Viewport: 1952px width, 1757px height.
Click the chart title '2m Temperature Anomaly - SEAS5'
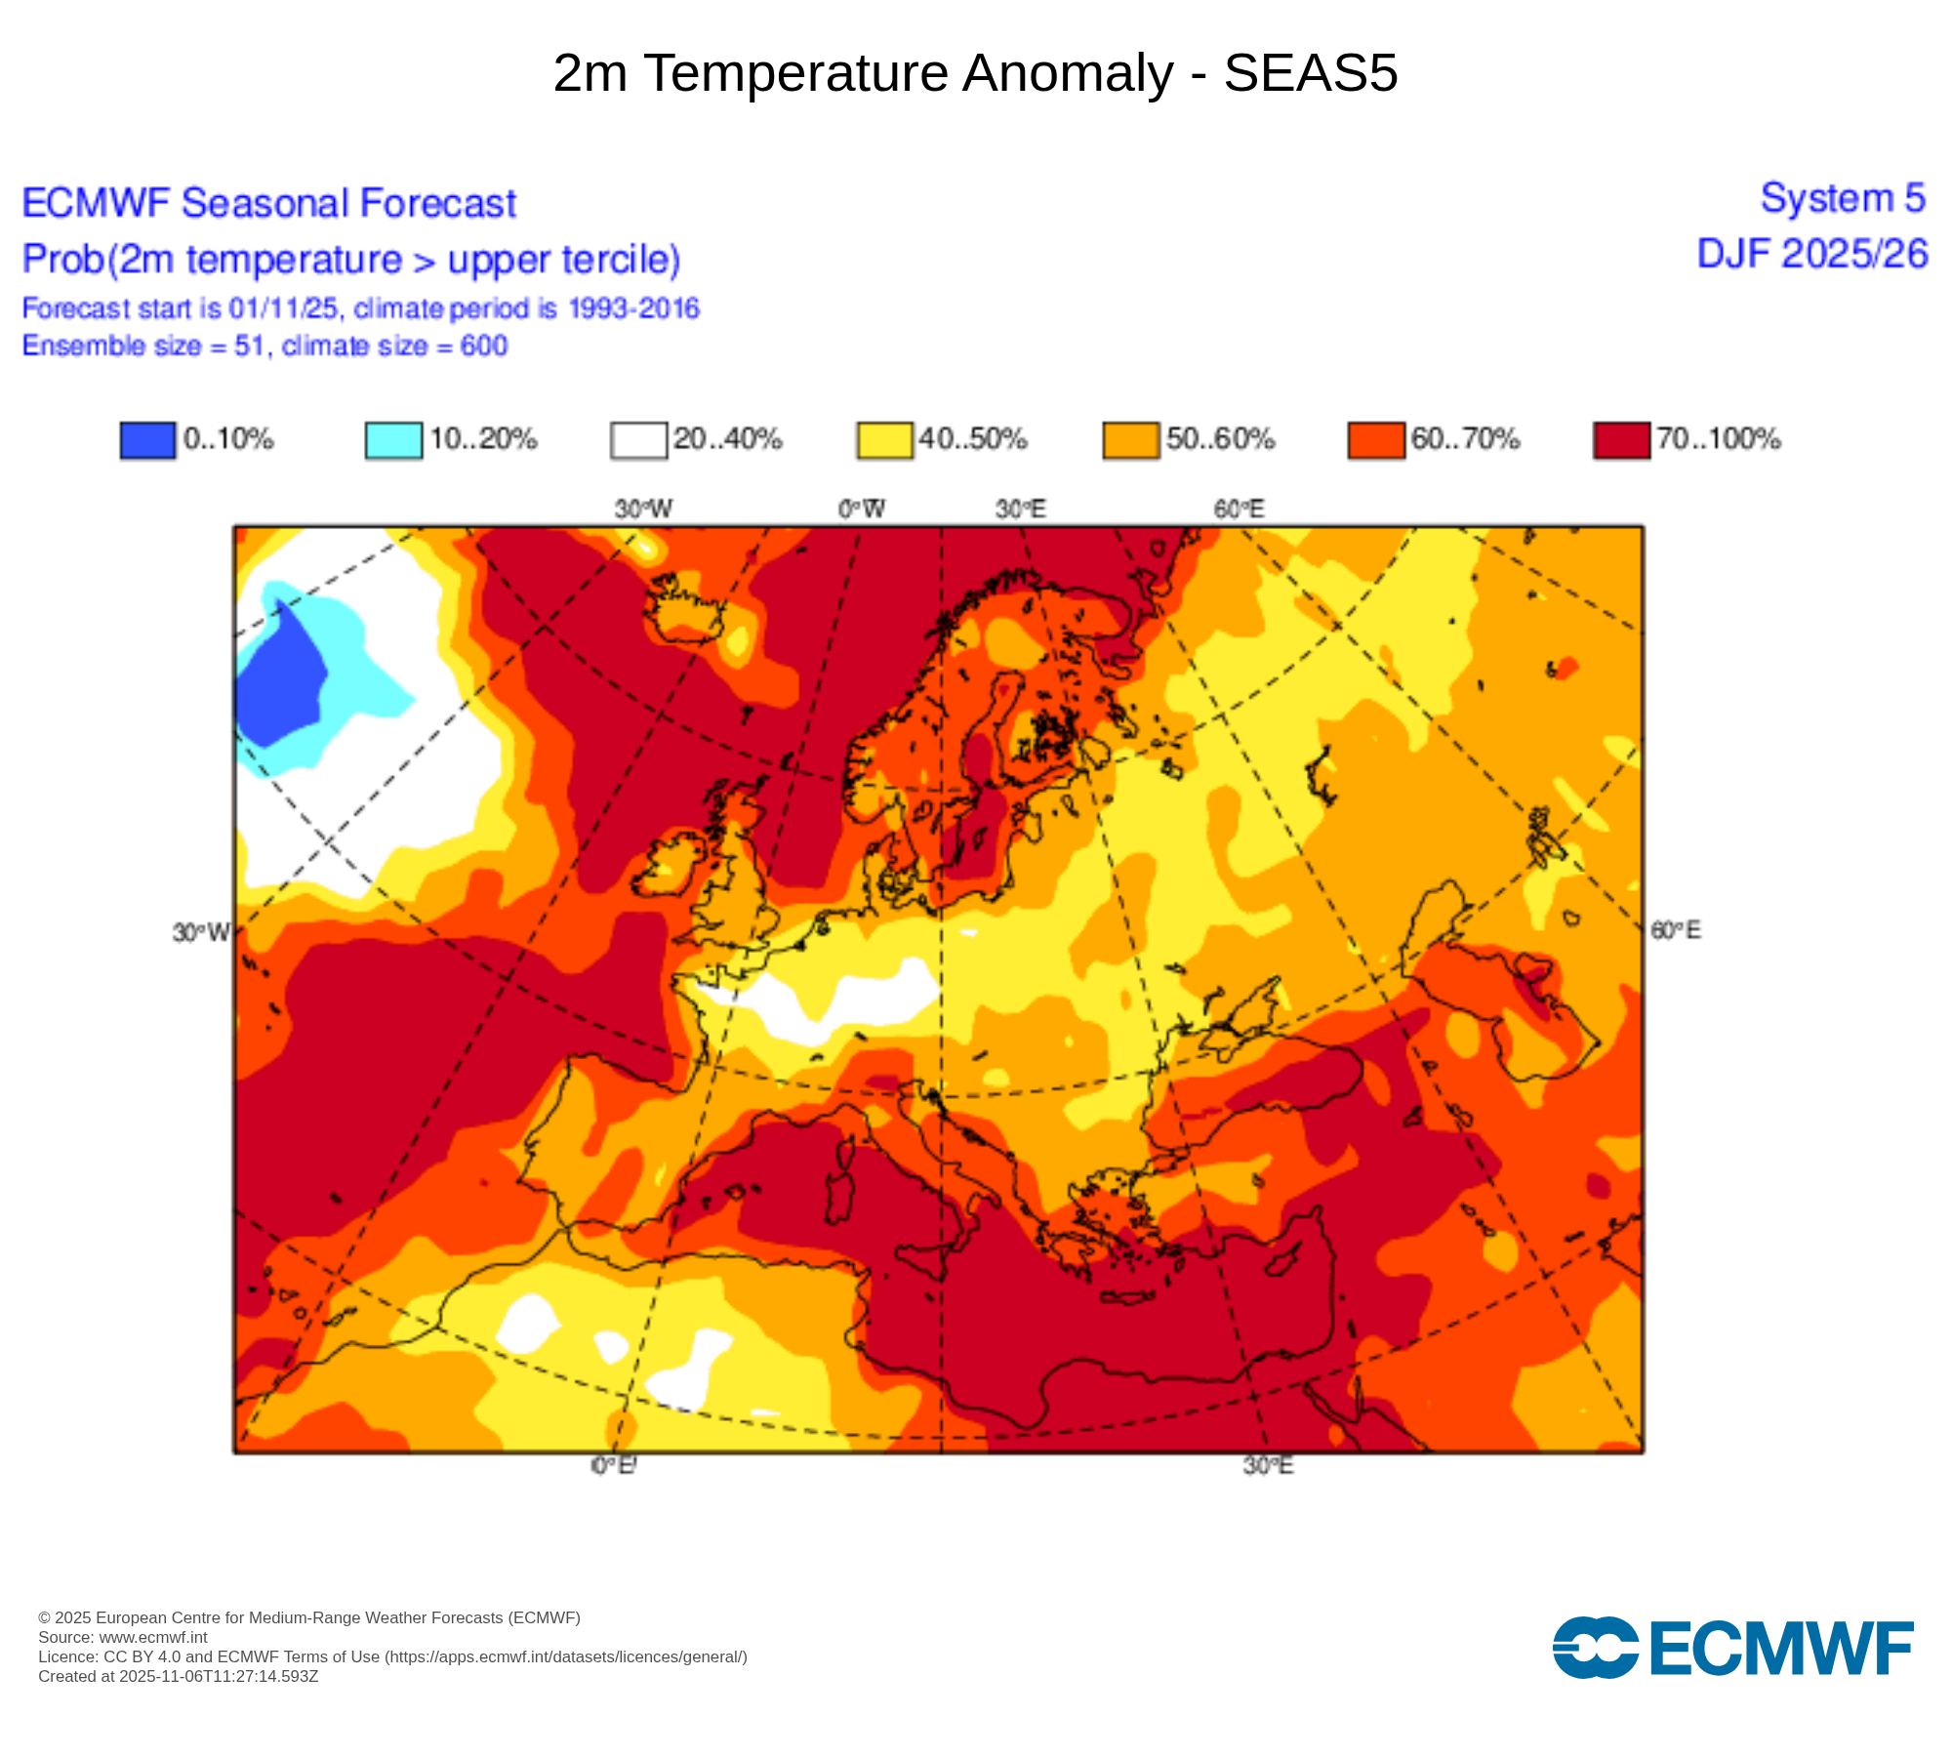975,73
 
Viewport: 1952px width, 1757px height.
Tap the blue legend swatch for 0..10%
147,439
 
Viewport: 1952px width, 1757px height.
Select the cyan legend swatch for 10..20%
393,439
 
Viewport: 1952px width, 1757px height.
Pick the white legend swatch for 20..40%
638,439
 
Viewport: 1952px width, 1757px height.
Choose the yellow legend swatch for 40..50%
884,439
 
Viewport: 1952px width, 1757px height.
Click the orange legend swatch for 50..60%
1130,439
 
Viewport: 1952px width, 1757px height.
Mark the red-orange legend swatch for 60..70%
1375,439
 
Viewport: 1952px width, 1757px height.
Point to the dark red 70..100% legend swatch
1621,439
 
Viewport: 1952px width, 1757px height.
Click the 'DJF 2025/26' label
1812,254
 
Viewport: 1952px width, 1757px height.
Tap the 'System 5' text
1843,198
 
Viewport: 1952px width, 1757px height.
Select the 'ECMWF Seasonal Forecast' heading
268,203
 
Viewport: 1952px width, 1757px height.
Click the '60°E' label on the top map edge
1239,509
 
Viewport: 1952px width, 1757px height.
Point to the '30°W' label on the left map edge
201,932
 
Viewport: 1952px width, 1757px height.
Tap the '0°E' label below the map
614,1465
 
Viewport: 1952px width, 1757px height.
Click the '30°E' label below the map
1268,1465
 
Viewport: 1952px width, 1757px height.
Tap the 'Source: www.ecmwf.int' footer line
123,1637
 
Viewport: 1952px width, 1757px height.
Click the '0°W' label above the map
862,509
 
